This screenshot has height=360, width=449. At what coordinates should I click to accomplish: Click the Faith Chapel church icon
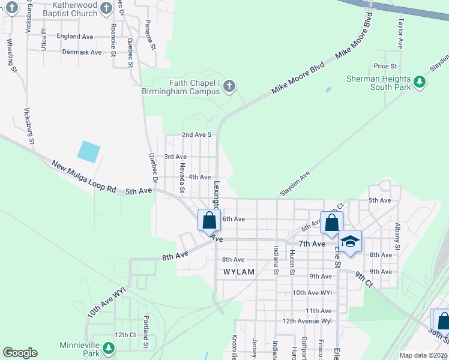[229, 88]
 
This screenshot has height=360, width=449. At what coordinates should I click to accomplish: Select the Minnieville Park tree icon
[108, 348]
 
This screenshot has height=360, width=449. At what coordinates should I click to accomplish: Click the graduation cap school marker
[350, 241]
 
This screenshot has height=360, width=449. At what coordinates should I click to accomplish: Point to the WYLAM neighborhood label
[239, 272]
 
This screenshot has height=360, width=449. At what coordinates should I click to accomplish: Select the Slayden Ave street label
[295, 184]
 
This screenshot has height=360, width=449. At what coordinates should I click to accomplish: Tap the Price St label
[385, 66]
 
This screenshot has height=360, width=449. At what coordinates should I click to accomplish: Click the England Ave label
[75, 37]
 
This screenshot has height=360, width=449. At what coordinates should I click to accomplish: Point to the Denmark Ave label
[82, 52]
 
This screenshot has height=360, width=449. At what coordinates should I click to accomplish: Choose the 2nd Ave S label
[196, 135]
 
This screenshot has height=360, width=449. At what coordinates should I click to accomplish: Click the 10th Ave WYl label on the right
[312, 293]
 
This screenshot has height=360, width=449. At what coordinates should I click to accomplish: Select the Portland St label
[145, 332]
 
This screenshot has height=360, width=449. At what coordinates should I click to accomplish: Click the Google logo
[20, 353]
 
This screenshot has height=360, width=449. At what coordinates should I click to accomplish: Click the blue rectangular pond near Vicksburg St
[89, 151]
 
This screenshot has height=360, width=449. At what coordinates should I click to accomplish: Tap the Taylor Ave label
[400, 32]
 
